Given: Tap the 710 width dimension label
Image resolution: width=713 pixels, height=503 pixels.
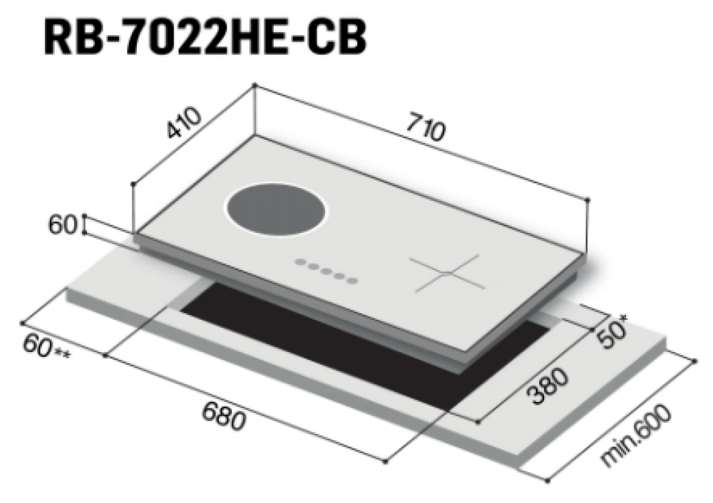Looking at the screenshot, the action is coord(424,128).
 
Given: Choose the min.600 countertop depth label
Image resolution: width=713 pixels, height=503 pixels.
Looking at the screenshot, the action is coord(635,435).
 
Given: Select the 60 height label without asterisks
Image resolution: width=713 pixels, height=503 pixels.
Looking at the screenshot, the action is coord(63,225).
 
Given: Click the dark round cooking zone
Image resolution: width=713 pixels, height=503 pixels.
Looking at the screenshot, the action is coord(276,212).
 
